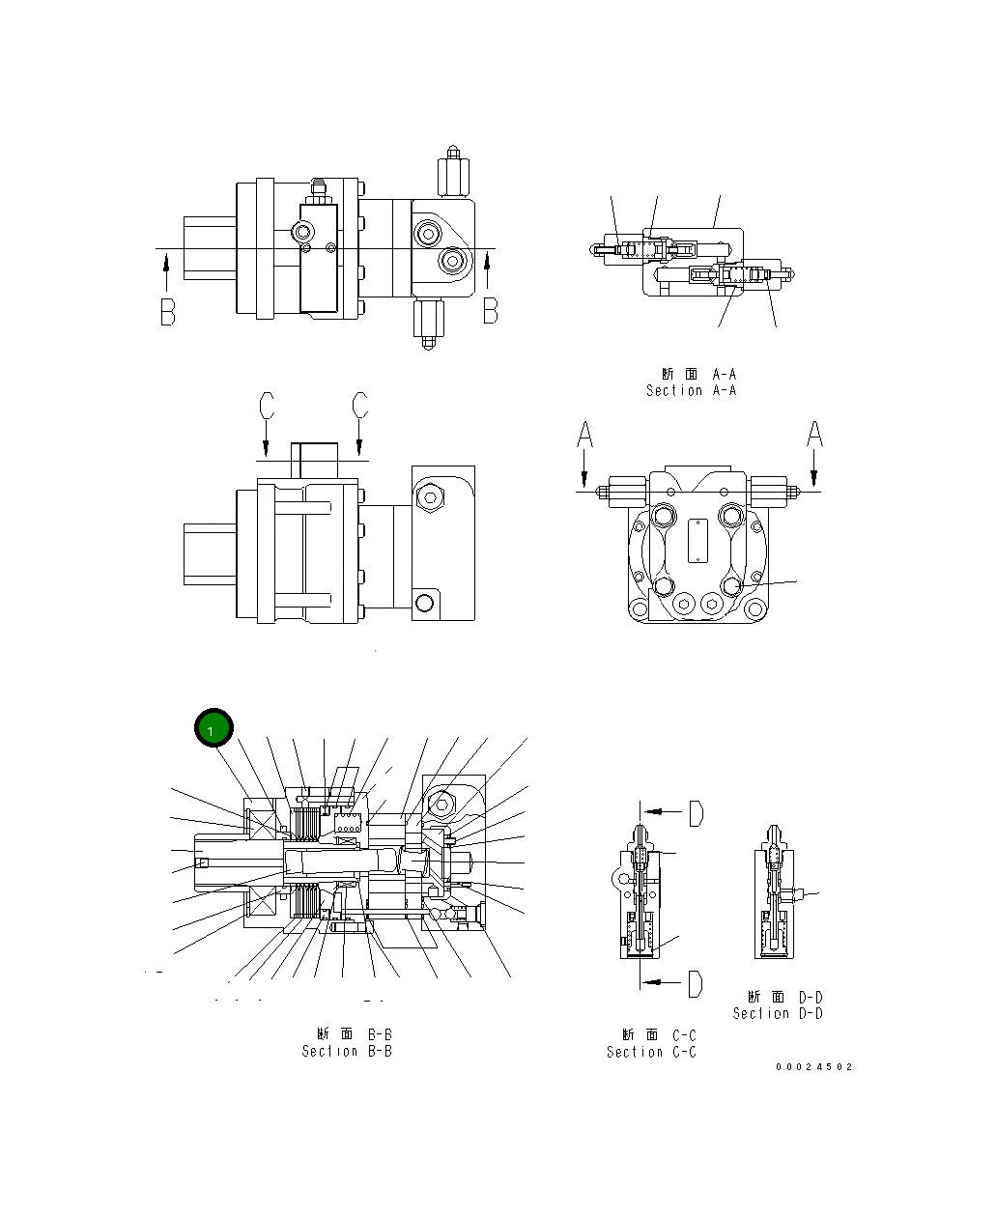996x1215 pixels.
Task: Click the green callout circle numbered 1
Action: [x=213, y=730]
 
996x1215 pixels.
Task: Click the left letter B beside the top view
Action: [x=168, y=312]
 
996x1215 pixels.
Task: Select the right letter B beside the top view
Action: [x=490, y=311]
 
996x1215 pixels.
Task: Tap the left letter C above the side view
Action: [x=267, y=406]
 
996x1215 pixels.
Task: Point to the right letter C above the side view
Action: [x=359, y=406]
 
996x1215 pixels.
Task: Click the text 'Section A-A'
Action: [x=691, y=390]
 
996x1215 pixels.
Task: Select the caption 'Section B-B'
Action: [x=347, y=1051]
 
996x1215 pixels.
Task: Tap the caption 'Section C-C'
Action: [x=651, y=1052]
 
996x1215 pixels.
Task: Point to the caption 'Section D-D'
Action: [x=777, y=1013]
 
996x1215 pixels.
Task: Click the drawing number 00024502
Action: [x=813, y=1067]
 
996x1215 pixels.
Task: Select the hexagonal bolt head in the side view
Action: [x=429, y=497]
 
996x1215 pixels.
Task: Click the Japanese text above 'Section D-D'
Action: [x=784, y=997]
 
